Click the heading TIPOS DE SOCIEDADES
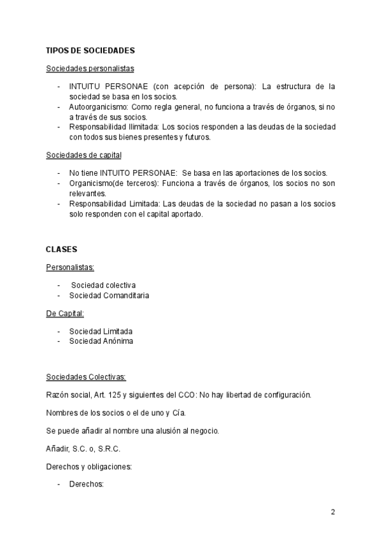coord(90,50)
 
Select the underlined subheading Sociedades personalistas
coord(90,68)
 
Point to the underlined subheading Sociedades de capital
coord(84,155)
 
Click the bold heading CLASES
coord(62,248)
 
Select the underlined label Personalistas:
coord(70,267)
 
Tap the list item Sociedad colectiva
coord(103,285)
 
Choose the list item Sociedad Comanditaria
coord(110,295)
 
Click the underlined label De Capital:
coord(65,313)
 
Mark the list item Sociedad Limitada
coord(101,330)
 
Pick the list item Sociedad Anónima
coord(101,341)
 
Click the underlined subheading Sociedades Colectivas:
coord(86,376)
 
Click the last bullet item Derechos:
coord(86,484)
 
